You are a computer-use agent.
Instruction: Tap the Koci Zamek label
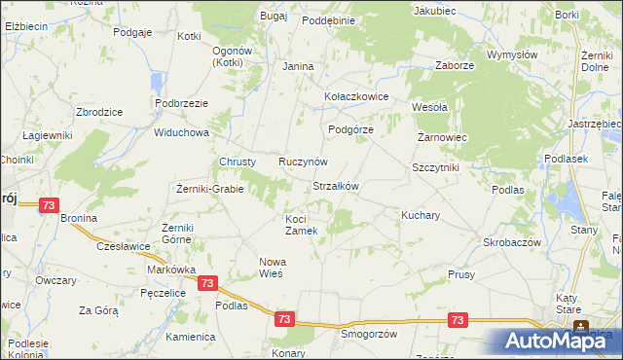coord(301,225)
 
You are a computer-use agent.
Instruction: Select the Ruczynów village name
coord(303,162)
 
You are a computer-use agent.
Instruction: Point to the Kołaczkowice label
coord(356,97)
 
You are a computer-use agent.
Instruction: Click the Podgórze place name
coord(350,129)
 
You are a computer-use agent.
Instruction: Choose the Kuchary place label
coord(422,214)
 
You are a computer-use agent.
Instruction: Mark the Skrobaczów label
coord(511,241)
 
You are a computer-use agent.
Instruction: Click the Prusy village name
coord(461,275)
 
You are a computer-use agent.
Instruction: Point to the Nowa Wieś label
coord(270,267)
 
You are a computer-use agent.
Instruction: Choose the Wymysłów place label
coord(512,55)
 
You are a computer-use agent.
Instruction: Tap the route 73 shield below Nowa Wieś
coord(206,282)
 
